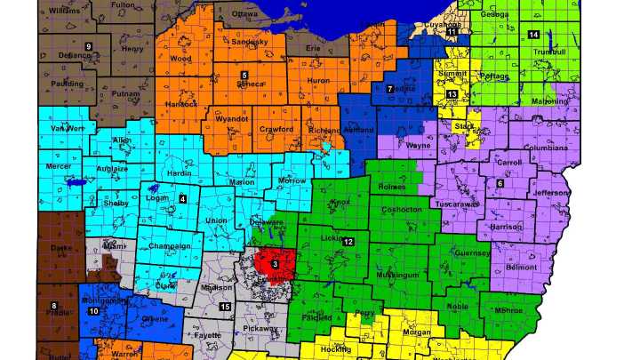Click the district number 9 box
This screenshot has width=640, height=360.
coord(88,45)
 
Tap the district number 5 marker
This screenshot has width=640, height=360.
coord(244,75)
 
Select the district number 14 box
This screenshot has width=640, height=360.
coord(533,35)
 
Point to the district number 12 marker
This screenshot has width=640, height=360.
coord(349,242)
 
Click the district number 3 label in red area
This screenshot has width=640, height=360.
coord(276,264)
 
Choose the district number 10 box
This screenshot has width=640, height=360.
coord(93,311)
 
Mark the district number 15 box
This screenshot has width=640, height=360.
coord(225,307)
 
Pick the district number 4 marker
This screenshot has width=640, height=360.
coord(182,198)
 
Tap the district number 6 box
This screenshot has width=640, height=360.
coord(500,183)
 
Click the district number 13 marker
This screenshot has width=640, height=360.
coord(452,94)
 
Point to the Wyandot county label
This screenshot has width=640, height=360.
coord(231,117)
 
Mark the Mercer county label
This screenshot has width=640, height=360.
coord(60,166)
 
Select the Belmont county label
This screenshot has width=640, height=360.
coord(522,267)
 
